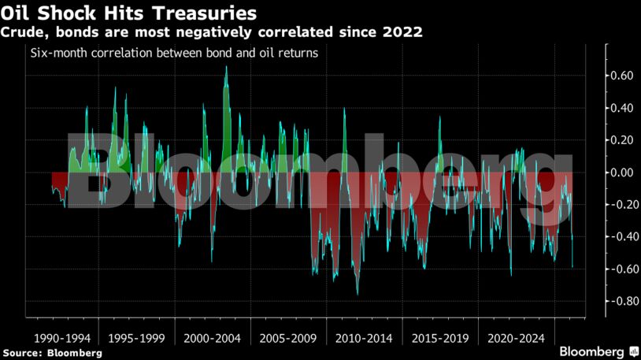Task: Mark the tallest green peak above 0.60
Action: tap(226, 68)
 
